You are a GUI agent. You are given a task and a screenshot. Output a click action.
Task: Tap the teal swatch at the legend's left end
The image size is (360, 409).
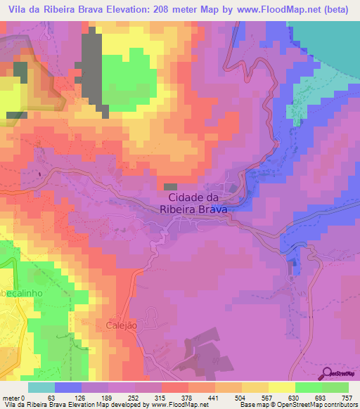pos(41,387)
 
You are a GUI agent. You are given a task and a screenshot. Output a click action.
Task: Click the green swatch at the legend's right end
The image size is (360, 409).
pos(335,387)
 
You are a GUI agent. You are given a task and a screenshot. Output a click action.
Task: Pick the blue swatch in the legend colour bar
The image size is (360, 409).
pos(68,387)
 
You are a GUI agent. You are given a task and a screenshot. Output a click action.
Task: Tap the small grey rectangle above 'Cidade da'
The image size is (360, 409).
pos(170,186)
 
